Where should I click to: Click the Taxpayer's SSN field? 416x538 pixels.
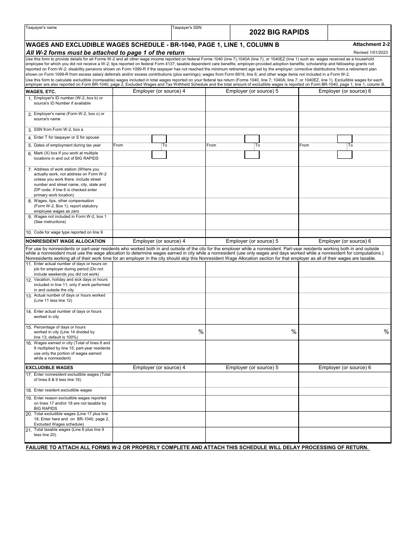pyautogui.click(x=201, y=34)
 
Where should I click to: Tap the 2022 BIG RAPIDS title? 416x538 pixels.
pyautogui.click(x=279, y=32)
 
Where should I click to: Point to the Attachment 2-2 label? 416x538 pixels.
pyautogui.click(x=371, y=44)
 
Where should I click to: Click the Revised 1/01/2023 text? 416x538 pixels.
pyautogui.click(x=370, y=52)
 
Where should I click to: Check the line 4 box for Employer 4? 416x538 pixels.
pyautogui.click(x=159, y=139)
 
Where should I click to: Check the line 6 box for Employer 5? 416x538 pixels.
pyautogui.click(x=252, y=154)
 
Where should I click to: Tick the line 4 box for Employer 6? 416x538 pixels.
pyautogui.click(x=345, y=139)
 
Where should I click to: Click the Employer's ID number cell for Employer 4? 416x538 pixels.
pyautogui.click(x=159, y=103)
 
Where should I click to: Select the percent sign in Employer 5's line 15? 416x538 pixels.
pyautogui.click(x=294, y=332)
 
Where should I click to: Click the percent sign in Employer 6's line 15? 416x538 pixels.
pyautogui.click(x=386, y=332)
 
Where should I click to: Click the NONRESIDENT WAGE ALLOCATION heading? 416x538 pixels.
pyautogui.click(x=66, y=241)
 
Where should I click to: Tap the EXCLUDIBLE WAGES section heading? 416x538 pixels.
pyautogui.click(x=49, y=367)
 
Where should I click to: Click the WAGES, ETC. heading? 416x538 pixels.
pyautogui.click(x=41, y=91)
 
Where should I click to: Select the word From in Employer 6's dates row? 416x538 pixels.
pyautogui.click(x=304, y=145)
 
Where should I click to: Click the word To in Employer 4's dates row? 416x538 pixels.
pyautogui.click(x=165, y=145)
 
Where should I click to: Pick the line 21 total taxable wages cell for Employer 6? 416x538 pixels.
pyautogui.click(x=345, y=435)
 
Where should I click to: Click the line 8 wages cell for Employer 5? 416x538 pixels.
pyautogui.click(x=252, y=206)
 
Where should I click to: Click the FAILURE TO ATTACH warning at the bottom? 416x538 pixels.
pyautogui.click(x=197, y=447)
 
